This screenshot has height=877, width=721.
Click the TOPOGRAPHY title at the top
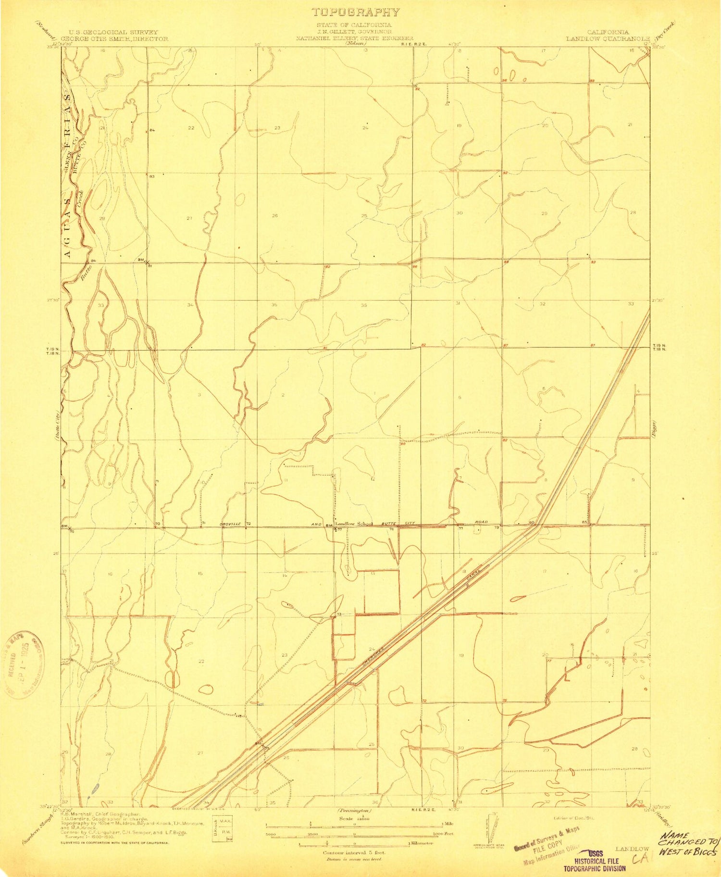[356, 12]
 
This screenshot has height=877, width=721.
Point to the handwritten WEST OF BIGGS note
[689, 852]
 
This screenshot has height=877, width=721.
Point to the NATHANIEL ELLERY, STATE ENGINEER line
[354, 37]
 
